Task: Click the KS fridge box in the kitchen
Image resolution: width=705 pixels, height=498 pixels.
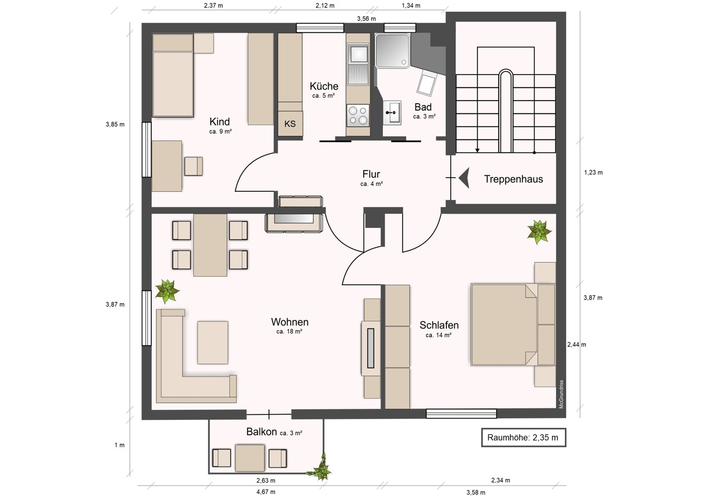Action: pos(290,123)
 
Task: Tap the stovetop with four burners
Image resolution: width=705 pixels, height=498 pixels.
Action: pos(358,115)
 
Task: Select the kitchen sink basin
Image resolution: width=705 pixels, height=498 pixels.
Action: pos(358,53)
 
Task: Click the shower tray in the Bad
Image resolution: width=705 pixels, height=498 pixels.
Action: pos(392,50)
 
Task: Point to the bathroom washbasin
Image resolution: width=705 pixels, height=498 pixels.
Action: pos(392,113)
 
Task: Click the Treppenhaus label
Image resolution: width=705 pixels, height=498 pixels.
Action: pos(514,179)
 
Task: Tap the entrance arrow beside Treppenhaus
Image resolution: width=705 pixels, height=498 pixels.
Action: pos(464,178)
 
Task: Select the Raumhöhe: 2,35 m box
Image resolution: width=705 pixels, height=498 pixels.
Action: pos(524,437)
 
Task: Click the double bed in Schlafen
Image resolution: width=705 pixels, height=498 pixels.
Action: pos(513,325)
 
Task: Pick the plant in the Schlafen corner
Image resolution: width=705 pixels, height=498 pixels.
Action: pos(539,232)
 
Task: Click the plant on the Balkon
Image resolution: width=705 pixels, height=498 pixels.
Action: pos(321,468)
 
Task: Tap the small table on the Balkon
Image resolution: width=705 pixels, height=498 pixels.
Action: pos(250,458)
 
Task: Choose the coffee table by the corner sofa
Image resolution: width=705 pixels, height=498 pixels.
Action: pos(213,342)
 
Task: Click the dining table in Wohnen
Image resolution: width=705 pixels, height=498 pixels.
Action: pos(210,245)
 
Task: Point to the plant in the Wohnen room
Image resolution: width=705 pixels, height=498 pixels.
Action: pos(167,291)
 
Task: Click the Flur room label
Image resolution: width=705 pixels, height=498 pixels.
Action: pos(371,174)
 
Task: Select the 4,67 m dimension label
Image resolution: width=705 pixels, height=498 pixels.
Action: pos(266,492)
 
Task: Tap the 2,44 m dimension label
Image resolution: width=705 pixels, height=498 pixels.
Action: pos(576,344)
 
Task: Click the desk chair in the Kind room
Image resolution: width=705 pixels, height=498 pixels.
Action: pos(194,166)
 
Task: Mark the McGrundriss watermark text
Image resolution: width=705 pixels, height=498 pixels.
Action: pos(561,394)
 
